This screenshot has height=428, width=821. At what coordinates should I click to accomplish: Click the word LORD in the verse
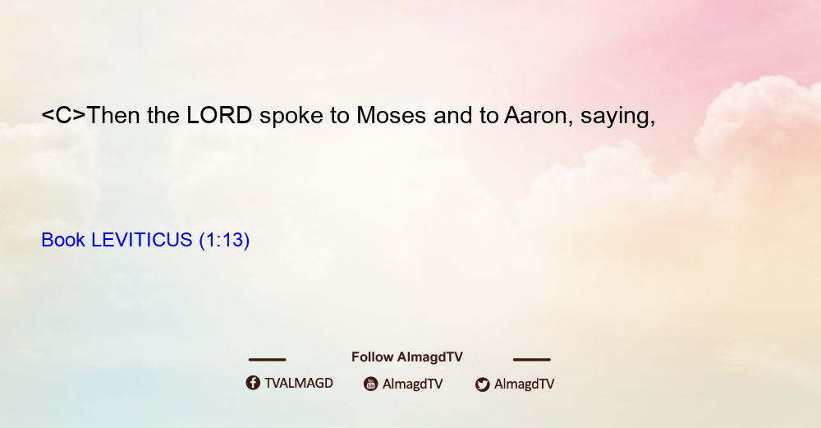219,115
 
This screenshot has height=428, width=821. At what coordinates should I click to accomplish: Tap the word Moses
391,115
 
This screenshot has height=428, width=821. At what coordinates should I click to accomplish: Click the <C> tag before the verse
63,115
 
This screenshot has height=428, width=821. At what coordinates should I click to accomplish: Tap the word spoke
291,117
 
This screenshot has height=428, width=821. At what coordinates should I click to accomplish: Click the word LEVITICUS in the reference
142,240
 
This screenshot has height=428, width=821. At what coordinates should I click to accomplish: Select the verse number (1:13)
224,241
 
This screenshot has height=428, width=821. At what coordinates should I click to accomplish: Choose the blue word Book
63,240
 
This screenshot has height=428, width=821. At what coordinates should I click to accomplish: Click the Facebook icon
253,383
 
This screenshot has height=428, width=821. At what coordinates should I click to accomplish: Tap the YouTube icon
371,384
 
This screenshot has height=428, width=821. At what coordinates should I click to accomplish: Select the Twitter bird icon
482,384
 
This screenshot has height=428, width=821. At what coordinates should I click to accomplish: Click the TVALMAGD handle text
299,384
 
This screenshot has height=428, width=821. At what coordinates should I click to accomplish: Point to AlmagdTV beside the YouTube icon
413,384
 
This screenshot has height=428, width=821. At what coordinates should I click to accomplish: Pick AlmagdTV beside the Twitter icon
524,384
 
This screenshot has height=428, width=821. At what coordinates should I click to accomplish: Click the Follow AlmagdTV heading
407,357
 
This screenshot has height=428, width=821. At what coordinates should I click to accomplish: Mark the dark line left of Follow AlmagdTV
267,359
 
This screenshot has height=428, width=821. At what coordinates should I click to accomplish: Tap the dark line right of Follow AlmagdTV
532,359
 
